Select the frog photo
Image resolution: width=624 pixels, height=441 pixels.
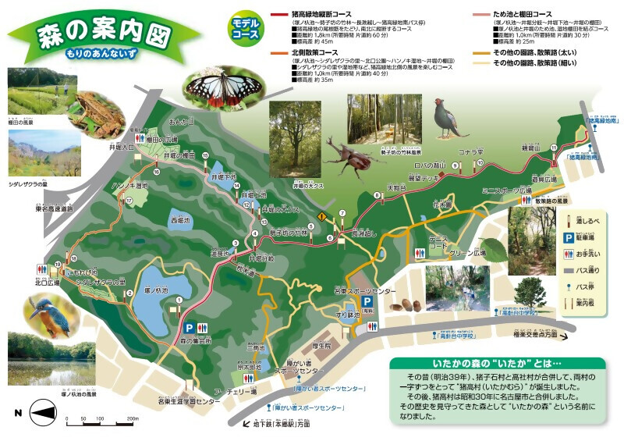tap(98, 109)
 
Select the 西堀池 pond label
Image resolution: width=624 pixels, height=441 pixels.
tap(180, 220)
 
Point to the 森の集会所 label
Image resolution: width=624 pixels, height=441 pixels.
tap(196, 341)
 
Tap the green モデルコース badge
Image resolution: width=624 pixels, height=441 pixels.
tap(245, 30)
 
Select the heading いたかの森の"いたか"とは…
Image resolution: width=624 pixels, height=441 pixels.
tap(496, 364)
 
